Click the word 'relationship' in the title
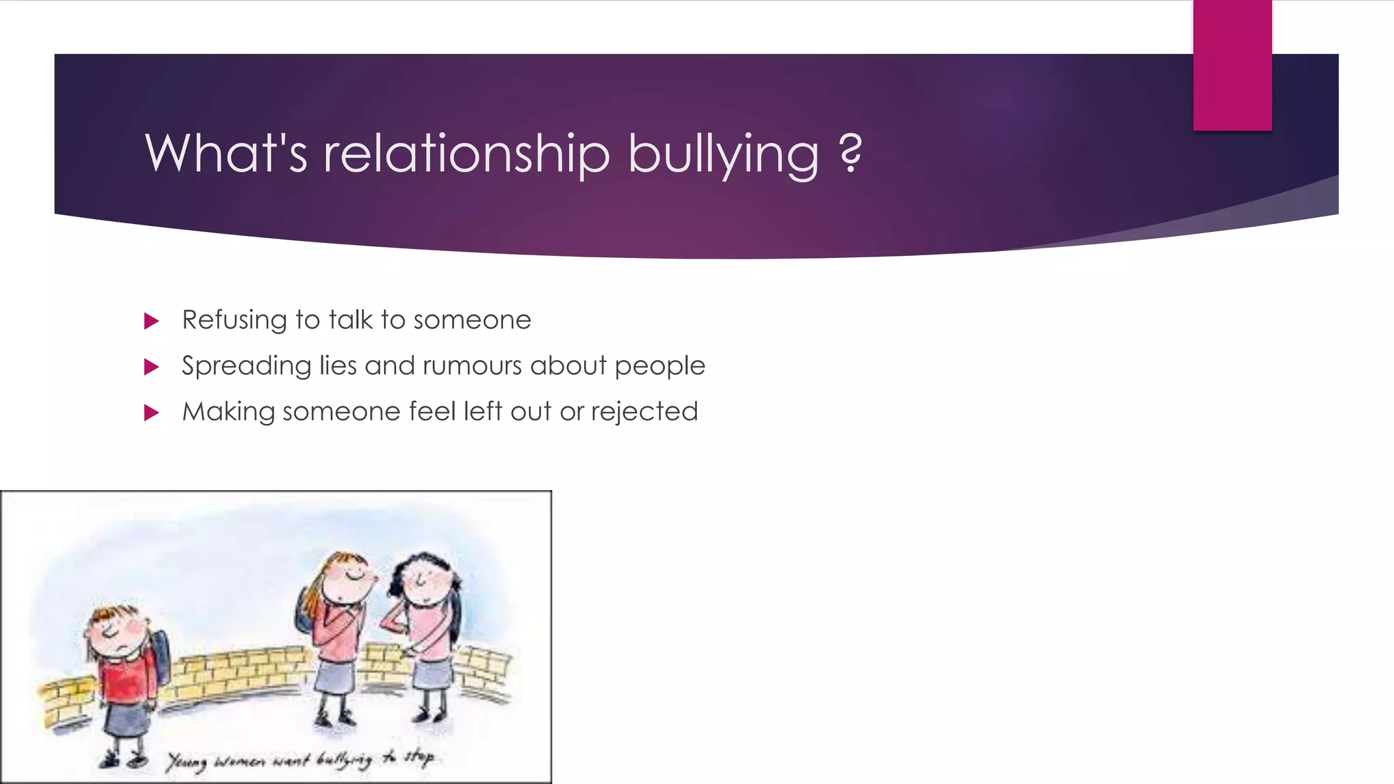(466, 153)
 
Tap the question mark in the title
(851, 153)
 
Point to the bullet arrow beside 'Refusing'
(152, 321)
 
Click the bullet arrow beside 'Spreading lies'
(152, 367)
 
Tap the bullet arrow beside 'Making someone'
(152, 413)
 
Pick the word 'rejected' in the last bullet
(644, 412)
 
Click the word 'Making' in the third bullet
(228, 412)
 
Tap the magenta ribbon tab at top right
(1232, 65)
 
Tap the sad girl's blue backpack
(161, 657)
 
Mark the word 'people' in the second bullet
(660, 366)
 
